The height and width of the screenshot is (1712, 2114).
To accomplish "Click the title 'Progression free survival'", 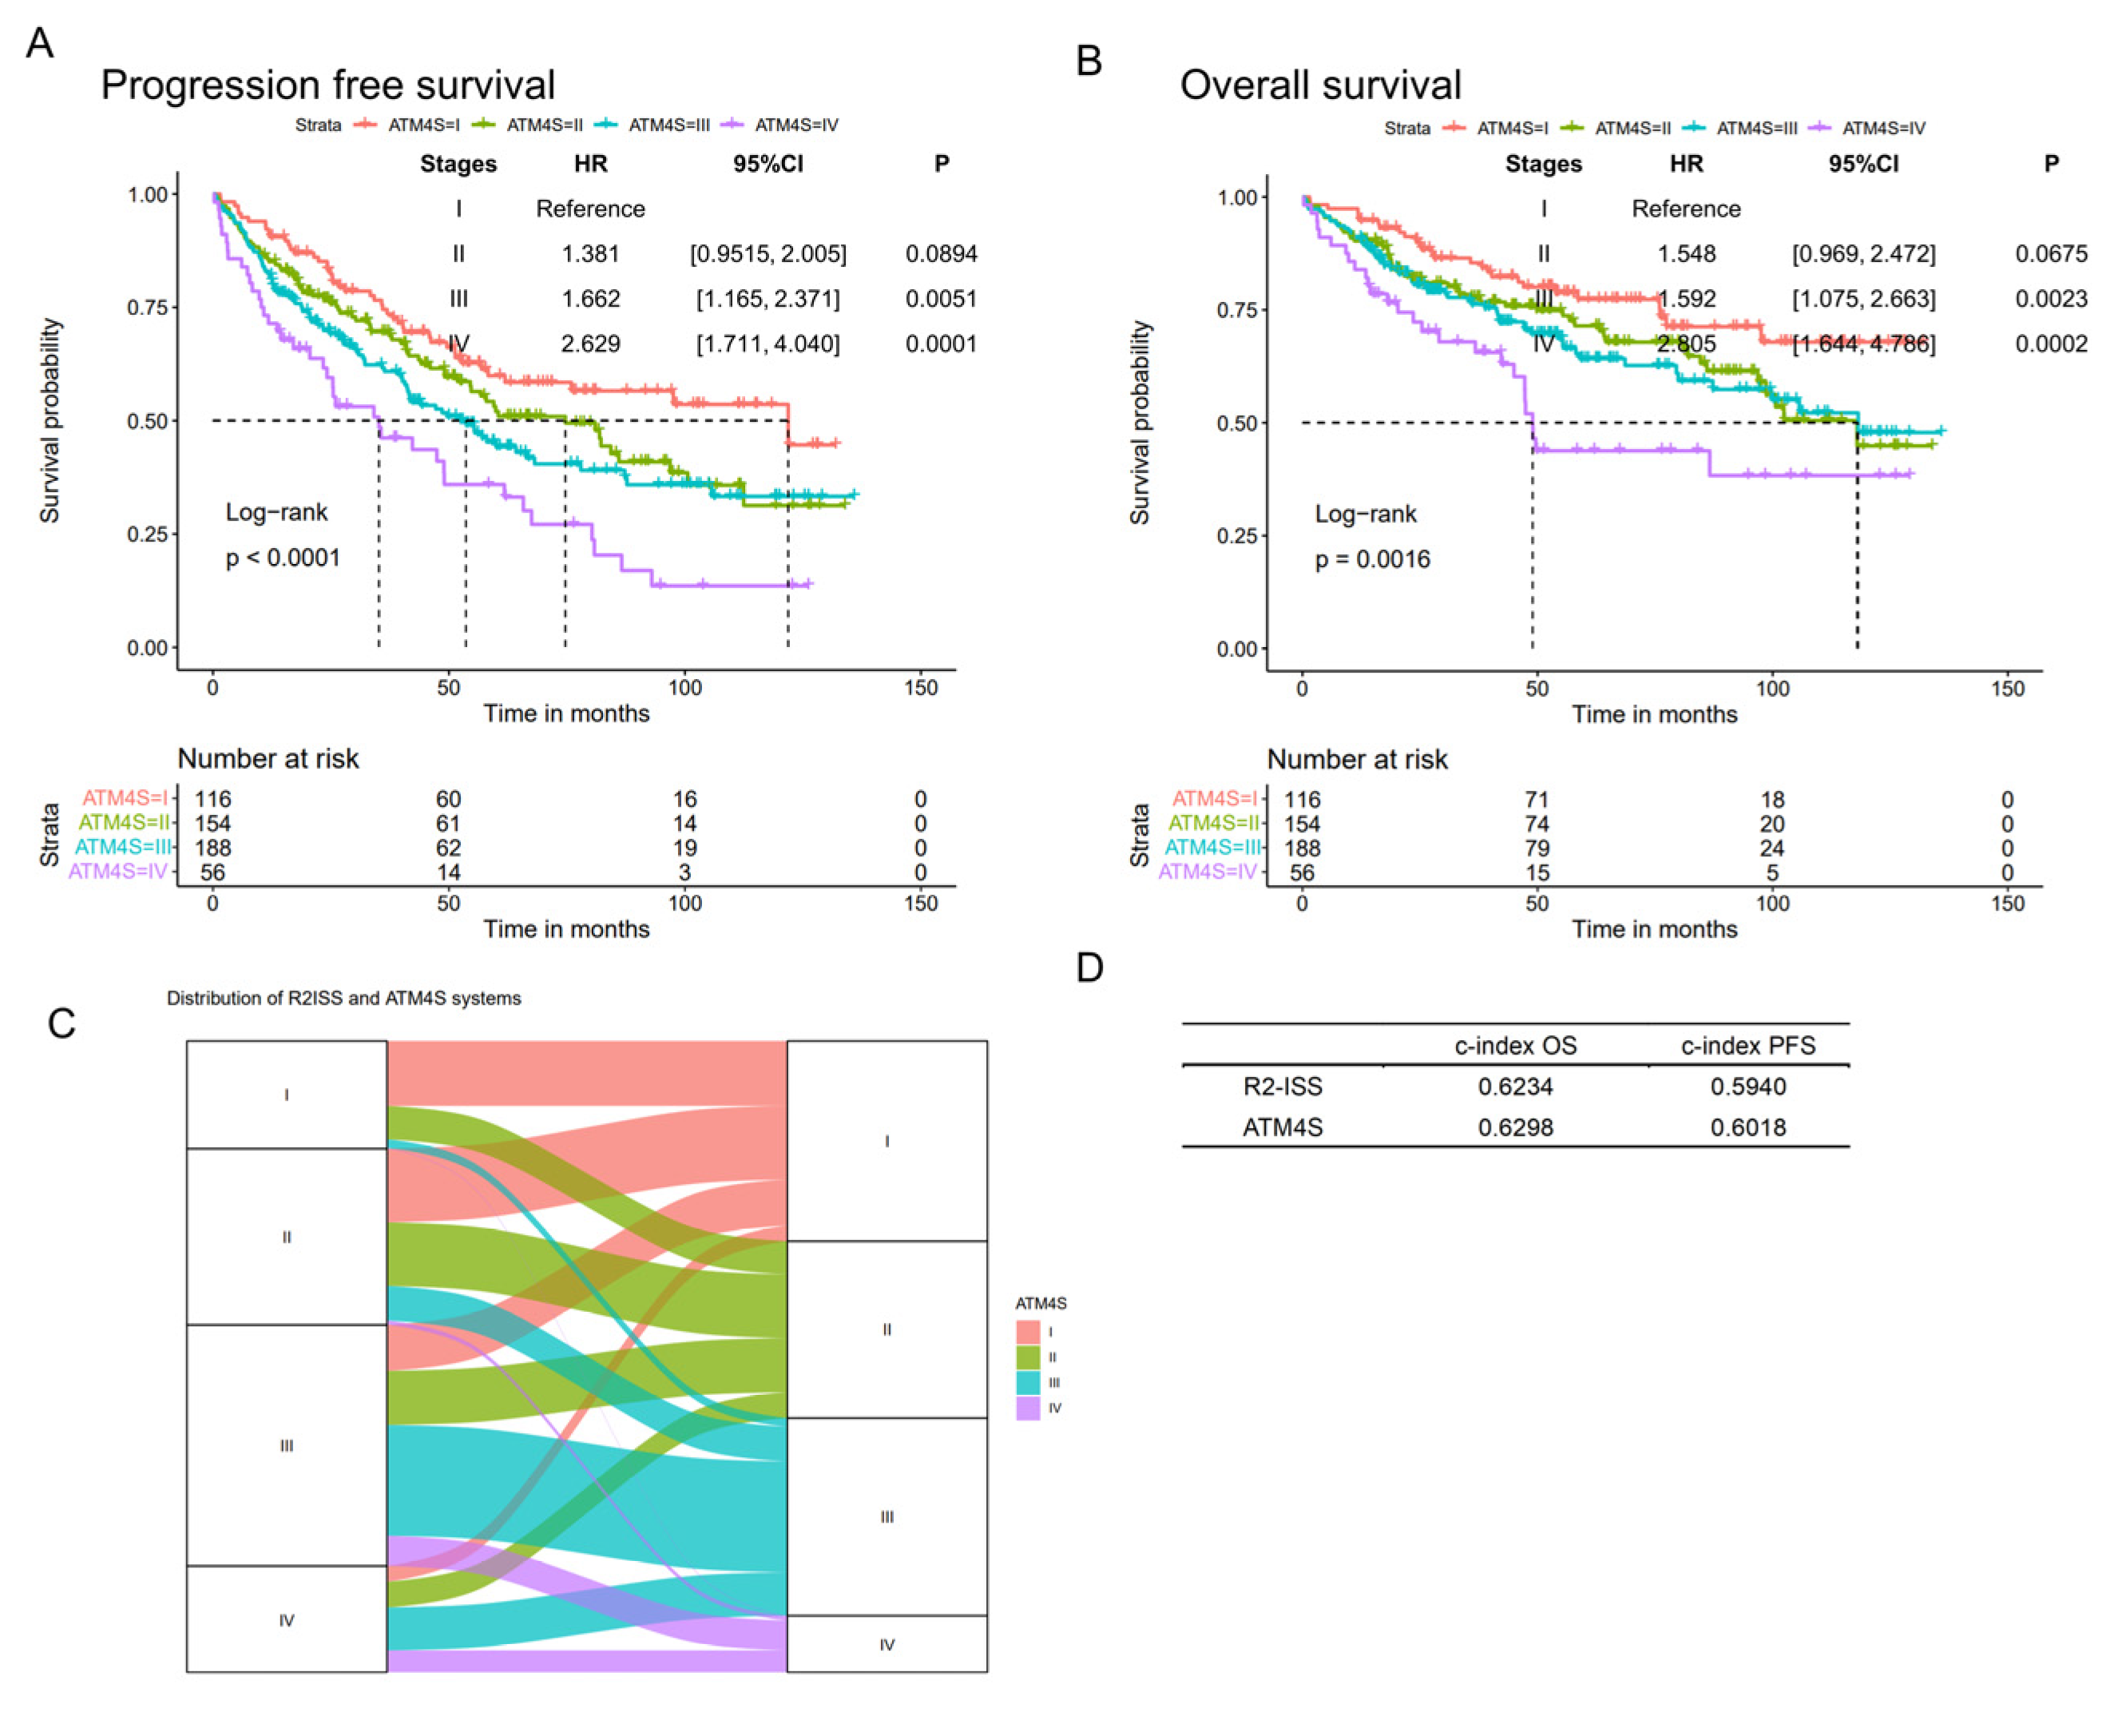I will (327, 85).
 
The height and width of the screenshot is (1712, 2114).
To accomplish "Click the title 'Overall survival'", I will (1319, 85).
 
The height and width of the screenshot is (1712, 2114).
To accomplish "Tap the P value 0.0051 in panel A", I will (941, 299).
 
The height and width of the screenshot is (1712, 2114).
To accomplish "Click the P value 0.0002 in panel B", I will (2050, 344).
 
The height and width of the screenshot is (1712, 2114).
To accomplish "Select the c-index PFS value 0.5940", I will (1747, 1086).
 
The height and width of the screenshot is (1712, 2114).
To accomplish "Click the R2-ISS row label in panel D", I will (1282, 1086).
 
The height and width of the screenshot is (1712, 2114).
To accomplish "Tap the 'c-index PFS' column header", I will (1747, 1046).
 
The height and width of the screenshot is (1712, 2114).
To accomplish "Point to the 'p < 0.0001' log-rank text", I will (283, 558).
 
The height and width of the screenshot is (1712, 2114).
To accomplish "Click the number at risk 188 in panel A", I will (213, 847).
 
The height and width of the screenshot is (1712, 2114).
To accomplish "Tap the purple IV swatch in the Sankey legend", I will (1027, 1408).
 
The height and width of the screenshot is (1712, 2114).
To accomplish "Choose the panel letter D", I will (1089, 967).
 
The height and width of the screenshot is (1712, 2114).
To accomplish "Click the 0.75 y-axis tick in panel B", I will (1236, 310).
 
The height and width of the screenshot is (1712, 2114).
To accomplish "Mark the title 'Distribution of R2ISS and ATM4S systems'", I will (343, 998).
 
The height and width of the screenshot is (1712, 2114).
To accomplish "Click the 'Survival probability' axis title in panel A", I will (50, 420).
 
